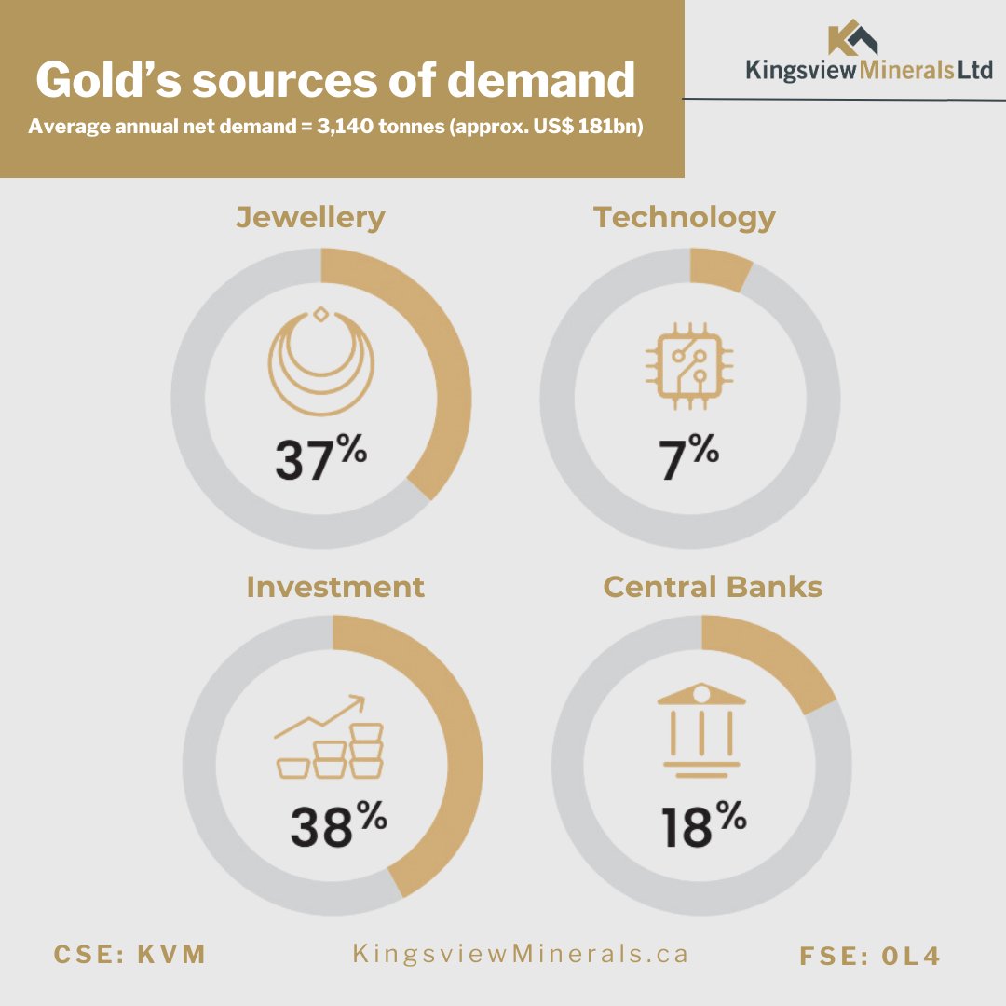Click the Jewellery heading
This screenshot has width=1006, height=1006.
coord(310,217)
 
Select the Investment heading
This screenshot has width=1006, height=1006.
coord(335,587)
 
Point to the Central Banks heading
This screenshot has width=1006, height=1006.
coord(713,587)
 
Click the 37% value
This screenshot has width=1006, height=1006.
coord(320,457)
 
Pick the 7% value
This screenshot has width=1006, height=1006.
coord(688,457)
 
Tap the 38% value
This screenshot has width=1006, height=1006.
coord(339,824)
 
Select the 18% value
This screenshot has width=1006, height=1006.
coord(704,824)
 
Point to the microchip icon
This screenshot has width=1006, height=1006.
coord(689,366)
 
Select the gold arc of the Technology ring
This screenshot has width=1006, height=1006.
coord(720,269)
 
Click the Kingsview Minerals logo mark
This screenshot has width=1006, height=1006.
coord(852,37)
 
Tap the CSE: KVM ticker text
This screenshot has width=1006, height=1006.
coord(129,955)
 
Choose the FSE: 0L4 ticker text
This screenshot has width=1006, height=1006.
coord(870,956)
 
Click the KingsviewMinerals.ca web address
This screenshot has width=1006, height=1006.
coord(521,954)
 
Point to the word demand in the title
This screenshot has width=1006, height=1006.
coord(541,80)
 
